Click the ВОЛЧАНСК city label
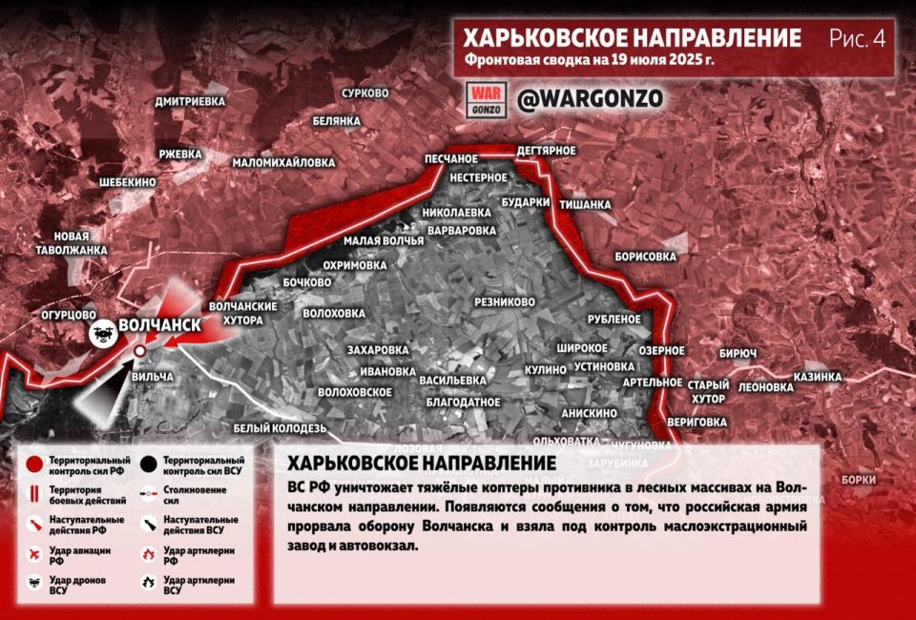tap(159, 325)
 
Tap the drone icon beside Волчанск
tap(101, 332)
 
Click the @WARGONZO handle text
tap(589, 98)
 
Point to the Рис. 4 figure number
tap(857, 39)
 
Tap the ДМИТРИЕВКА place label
tap(191, 100)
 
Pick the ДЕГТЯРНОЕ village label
tap(545, 151)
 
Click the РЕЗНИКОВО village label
tap(505, 301)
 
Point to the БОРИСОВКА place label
tap(645, 257)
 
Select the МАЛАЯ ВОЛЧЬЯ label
tap(384, 240)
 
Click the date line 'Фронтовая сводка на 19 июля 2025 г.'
tap(590, 60)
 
